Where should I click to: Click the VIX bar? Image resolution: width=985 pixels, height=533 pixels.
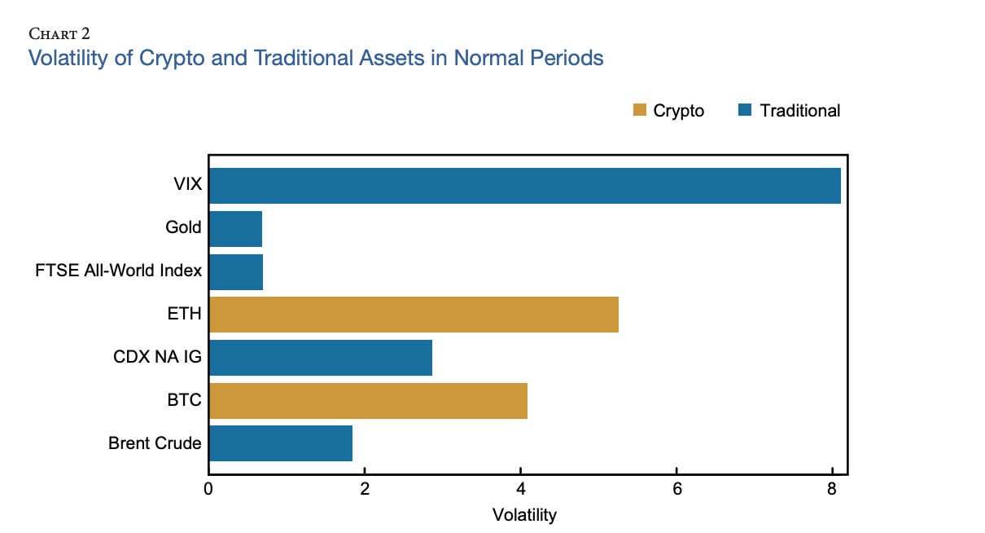(x=524, y=186)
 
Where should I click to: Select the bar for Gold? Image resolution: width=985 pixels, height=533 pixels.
(x=235, y=228)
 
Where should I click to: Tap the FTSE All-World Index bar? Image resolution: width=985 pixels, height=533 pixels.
(x=236, y=271)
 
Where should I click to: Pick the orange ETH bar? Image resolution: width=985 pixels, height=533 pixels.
(x=414, y=315)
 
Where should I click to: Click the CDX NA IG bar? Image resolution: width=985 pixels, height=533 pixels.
(x=320, y=358)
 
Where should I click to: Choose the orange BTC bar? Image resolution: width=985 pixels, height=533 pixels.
(x=368, y=400)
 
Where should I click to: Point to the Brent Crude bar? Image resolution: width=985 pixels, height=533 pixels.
(x=281, y=443)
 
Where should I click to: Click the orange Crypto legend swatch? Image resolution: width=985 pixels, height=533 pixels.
(x=639, y=110)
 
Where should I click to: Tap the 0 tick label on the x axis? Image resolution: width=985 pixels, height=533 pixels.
(x=208, y=490)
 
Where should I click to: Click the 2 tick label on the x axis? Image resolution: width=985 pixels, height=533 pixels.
(x=365, y=490)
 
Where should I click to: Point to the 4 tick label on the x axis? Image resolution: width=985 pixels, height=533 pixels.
(x=520, y=490)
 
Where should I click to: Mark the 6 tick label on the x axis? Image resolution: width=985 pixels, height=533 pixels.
(x=676, y=490)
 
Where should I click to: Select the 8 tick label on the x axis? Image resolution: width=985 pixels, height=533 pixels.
(x=832, y=490)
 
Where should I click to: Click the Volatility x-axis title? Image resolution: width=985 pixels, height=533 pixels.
(x=524, y=515)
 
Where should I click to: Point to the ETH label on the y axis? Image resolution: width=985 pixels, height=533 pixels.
(x=186, y=315)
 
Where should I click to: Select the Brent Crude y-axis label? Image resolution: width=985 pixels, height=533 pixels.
(x=155, y=443)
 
